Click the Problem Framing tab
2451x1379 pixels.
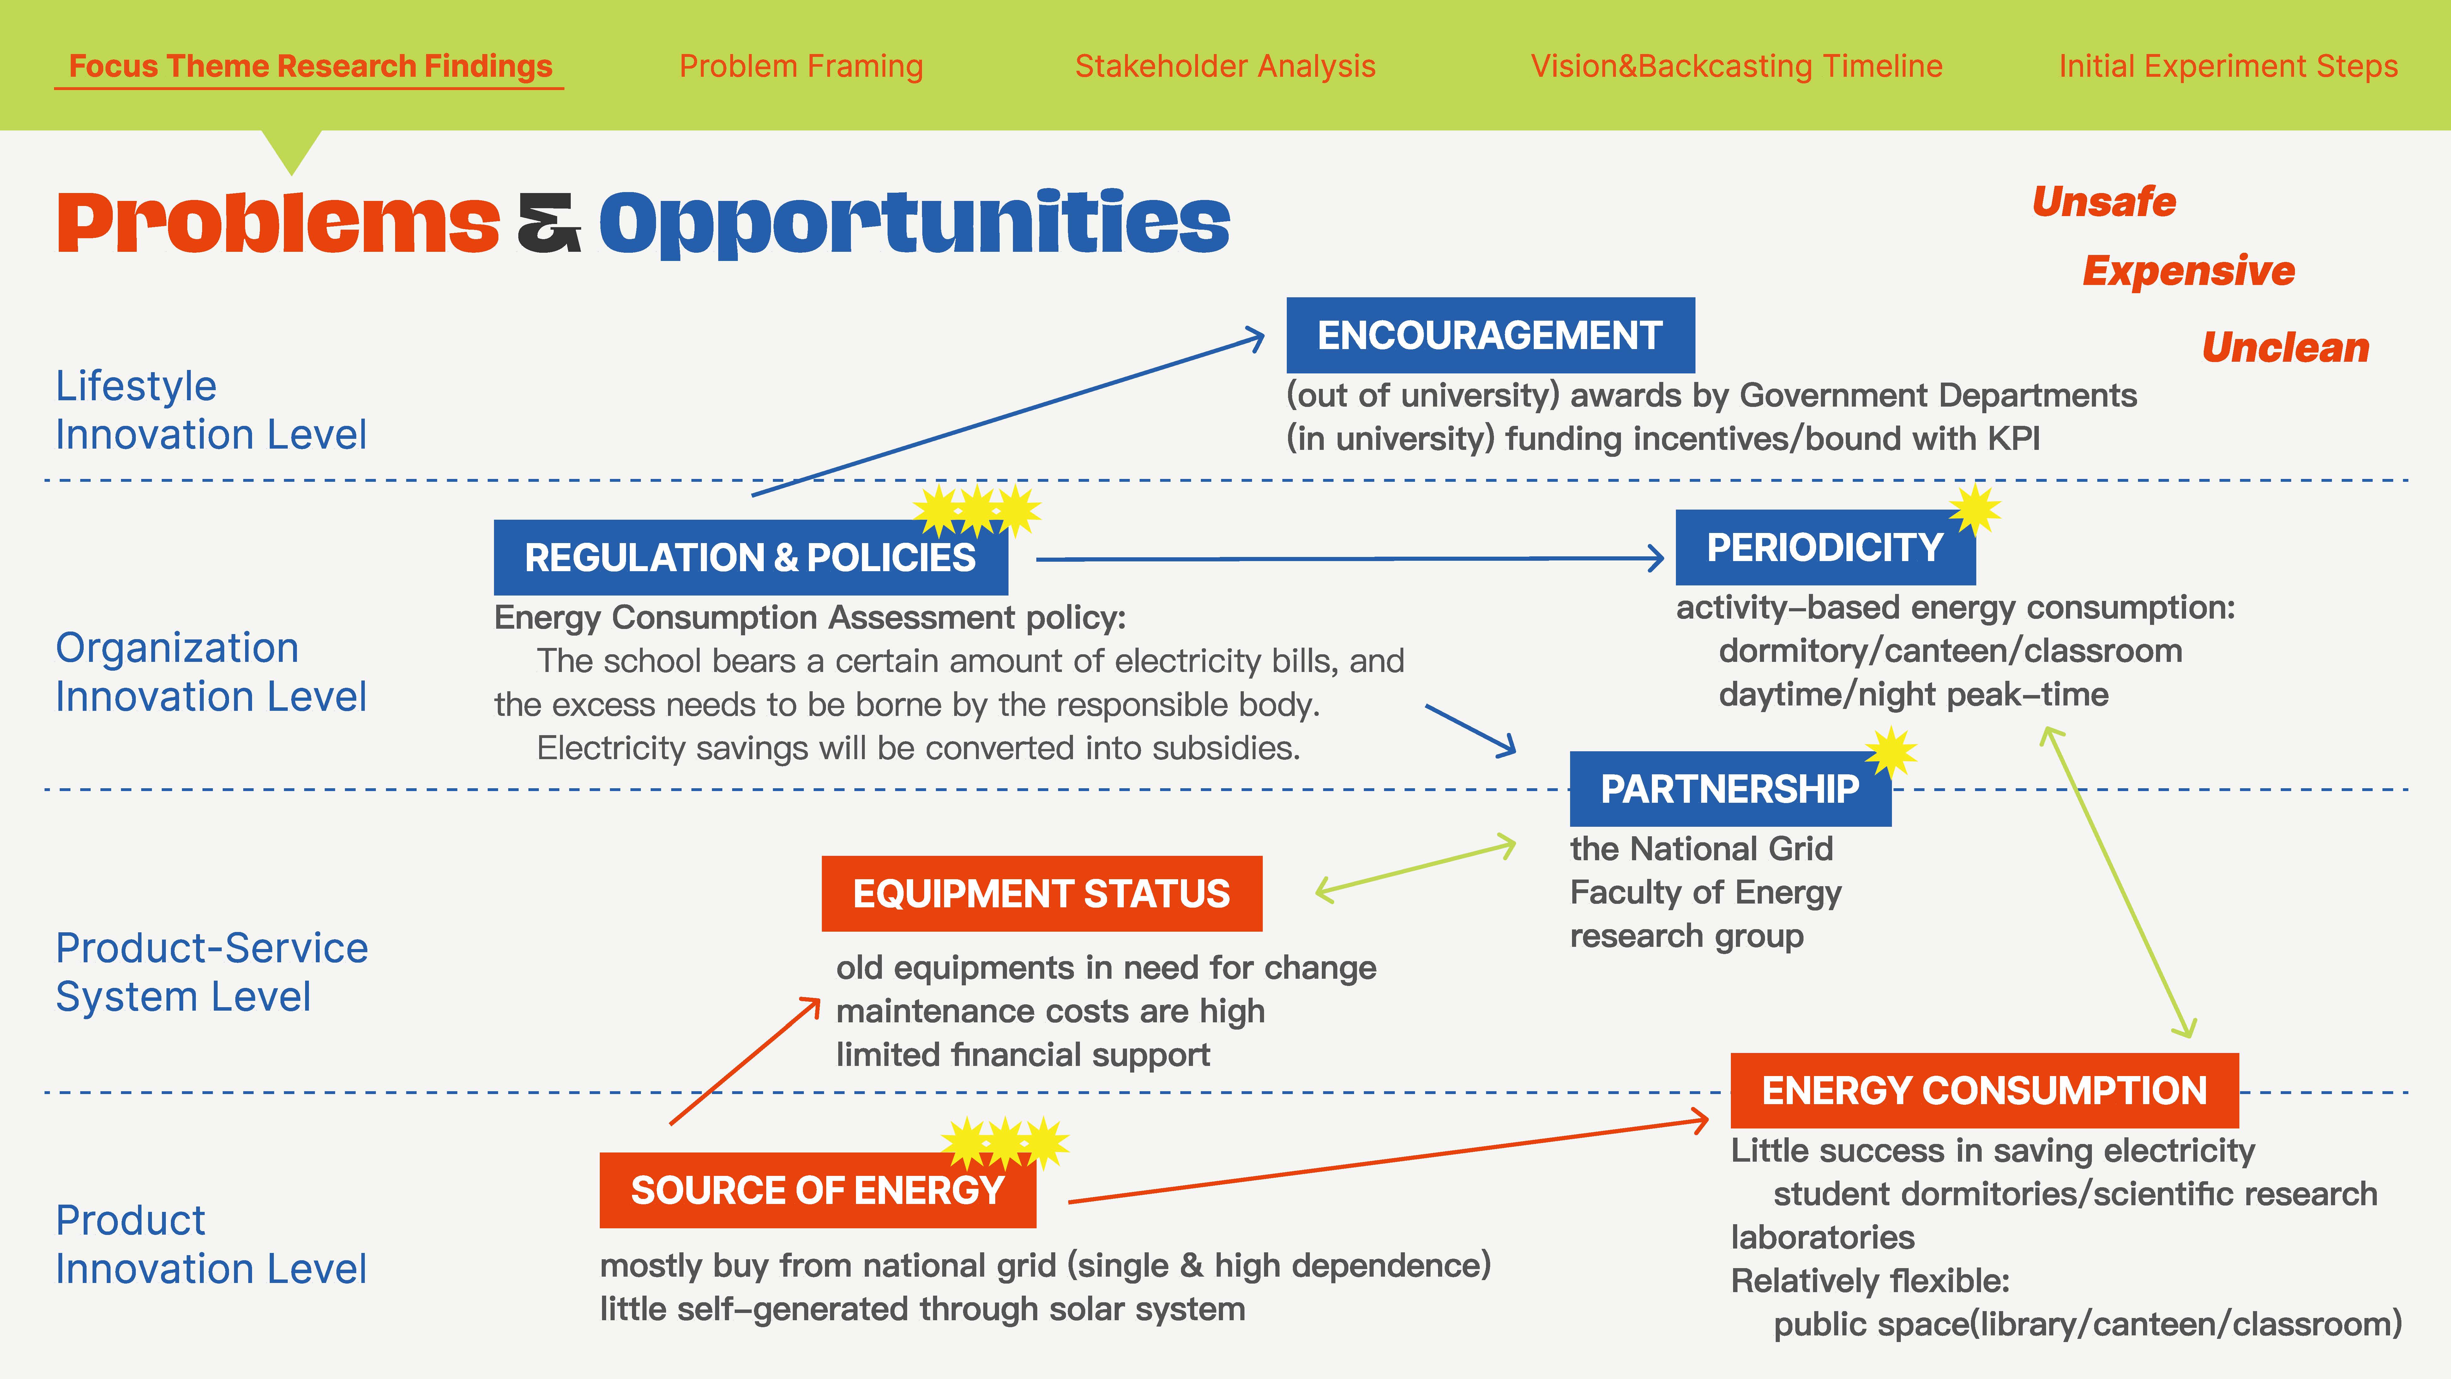[801, 66]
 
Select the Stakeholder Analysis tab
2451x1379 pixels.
[1225, 66]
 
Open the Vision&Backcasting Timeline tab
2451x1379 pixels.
[1737, 66]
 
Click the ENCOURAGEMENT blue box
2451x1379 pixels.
[1490, 335]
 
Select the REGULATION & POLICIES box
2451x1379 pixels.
[751, 558]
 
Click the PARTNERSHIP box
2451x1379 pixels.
[1730, 789]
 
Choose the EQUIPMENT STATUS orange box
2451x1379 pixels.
[1042, 894]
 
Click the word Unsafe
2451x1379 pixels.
[2104, 202]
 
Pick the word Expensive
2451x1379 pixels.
[2189, 271]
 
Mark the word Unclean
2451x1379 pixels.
[2285, 348]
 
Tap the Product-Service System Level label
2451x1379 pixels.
[211, 972]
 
